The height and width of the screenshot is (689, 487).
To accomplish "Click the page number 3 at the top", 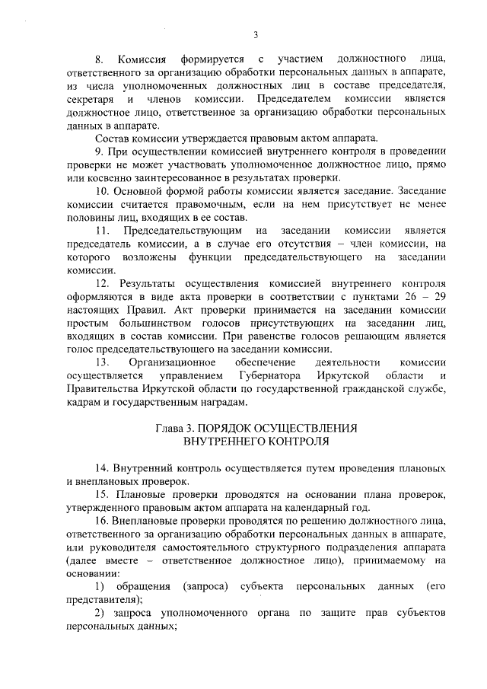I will tap(256, 33).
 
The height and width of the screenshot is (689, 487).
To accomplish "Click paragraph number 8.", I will tap(98, 59).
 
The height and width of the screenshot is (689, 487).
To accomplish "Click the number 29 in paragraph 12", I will tap(438, 296).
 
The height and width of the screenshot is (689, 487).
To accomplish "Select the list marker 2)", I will tap(100, 613).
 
